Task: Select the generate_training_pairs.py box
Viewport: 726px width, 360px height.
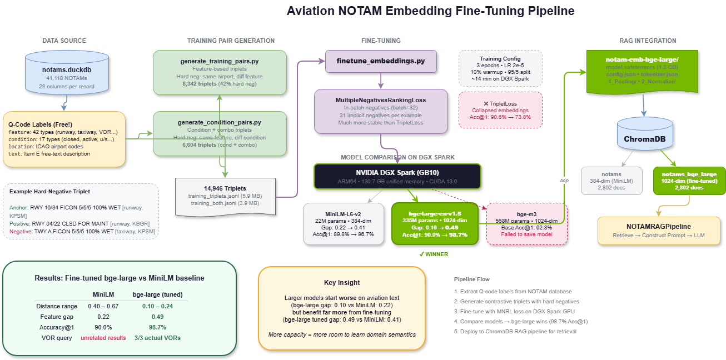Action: click(x=220, y=72)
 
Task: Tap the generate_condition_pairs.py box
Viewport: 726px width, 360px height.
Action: click(x=220, y=133)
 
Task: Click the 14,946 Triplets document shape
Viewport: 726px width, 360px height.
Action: click(x=225, y=196)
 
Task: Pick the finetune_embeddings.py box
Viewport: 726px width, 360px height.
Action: click(x=381, y=61)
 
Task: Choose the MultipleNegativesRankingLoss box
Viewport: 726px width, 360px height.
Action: click(x=381, y=111)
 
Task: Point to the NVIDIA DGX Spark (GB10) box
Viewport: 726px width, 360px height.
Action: click(x=397, y=176)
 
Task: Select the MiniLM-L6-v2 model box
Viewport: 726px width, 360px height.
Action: click(x=343, y=223)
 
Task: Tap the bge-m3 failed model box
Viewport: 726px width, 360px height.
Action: click(x=527, y=223)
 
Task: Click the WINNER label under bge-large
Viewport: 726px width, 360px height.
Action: click(x=434, y=254)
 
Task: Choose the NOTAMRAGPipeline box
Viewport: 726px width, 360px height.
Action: click(x=659, y=231)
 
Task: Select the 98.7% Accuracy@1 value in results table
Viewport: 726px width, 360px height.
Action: click(x=157, y=327)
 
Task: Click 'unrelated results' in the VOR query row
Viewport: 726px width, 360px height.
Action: click(x=103, y=338)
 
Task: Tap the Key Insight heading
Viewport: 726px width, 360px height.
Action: click(x=342, y=283)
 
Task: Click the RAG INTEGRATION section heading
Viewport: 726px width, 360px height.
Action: click(x=648, y=41)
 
